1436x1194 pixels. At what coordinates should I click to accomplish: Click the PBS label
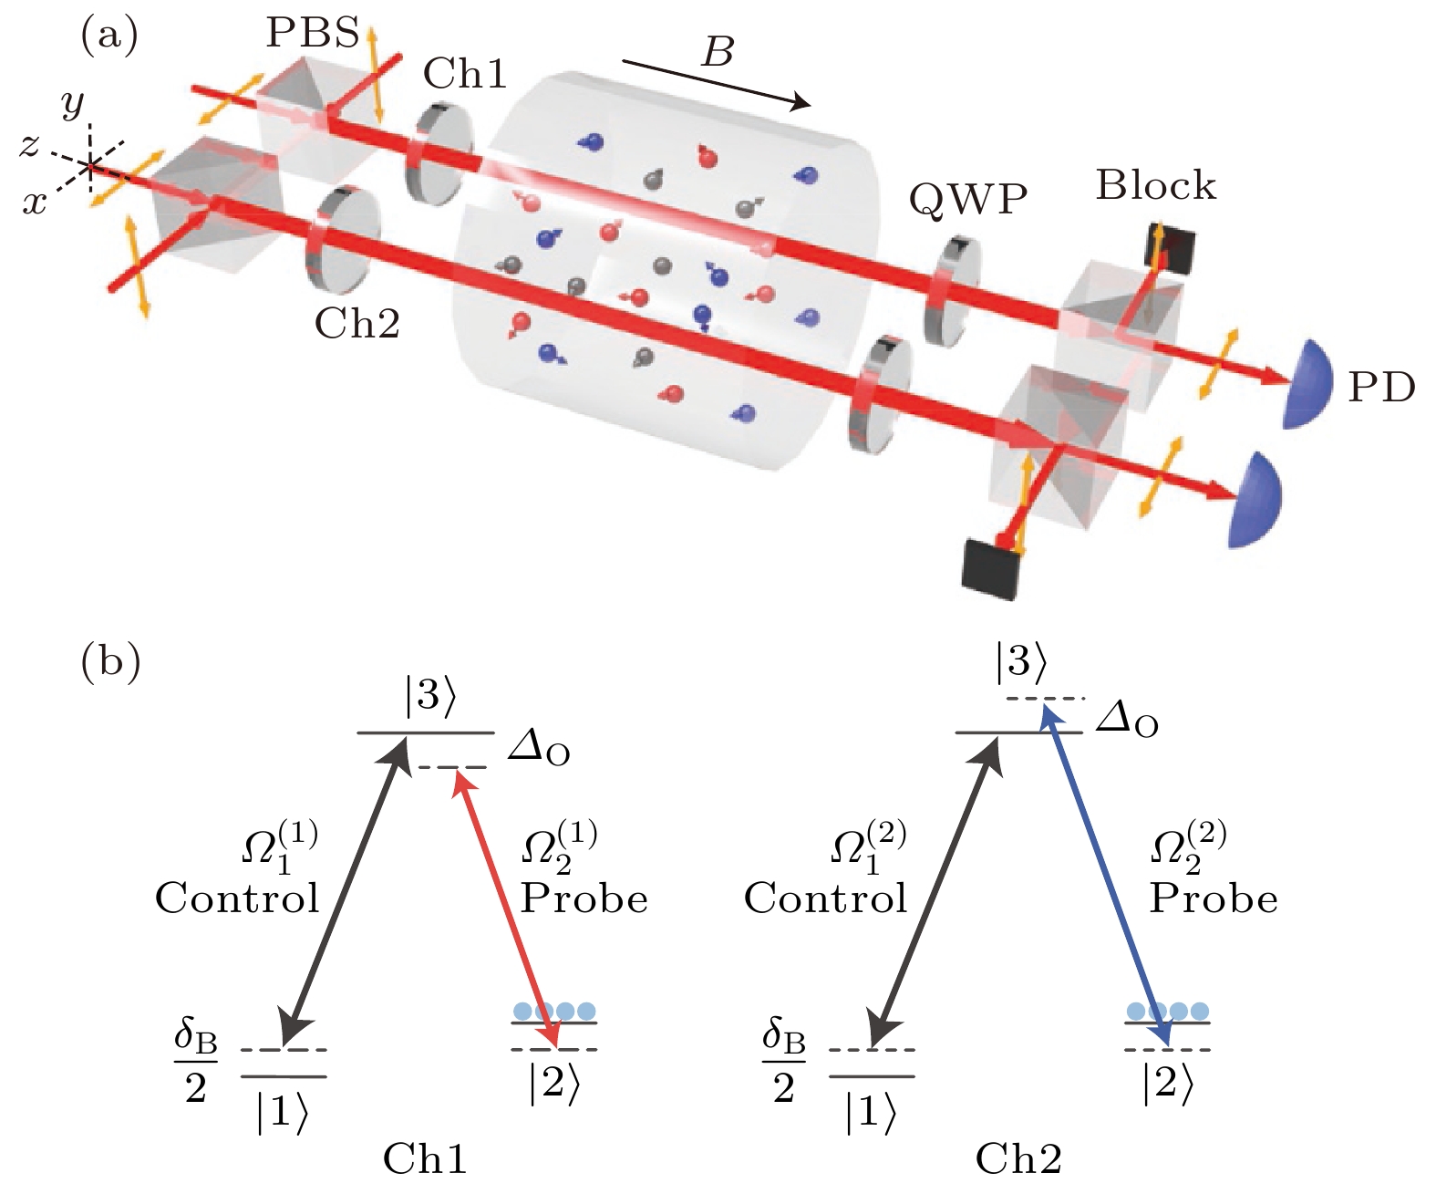(x=312, y=33)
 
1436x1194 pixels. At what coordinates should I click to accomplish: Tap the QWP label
(x=967, y=198)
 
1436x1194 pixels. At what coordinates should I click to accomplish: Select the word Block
(x=1155, y=185)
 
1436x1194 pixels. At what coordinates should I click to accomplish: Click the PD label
(x=1381, y=388)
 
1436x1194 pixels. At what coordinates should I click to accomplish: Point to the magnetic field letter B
(x=718, y=52)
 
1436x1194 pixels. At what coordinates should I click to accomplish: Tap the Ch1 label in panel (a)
(x=465, y=74)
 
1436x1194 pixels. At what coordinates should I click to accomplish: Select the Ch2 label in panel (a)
(x=356, y=323)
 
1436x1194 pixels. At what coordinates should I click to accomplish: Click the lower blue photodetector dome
(x=1255, y=501)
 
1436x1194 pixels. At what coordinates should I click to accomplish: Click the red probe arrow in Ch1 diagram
(x=506, y=908)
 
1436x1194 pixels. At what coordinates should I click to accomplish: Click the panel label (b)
(x=110, y=662)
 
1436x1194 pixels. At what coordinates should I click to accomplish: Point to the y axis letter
(x=73, y=104)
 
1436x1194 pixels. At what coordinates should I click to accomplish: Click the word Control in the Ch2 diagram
(x=825, y=898)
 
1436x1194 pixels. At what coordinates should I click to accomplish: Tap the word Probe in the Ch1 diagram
(x=584, y=899)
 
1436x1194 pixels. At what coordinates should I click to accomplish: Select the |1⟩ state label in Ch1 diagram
(x=282, y=1113)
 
